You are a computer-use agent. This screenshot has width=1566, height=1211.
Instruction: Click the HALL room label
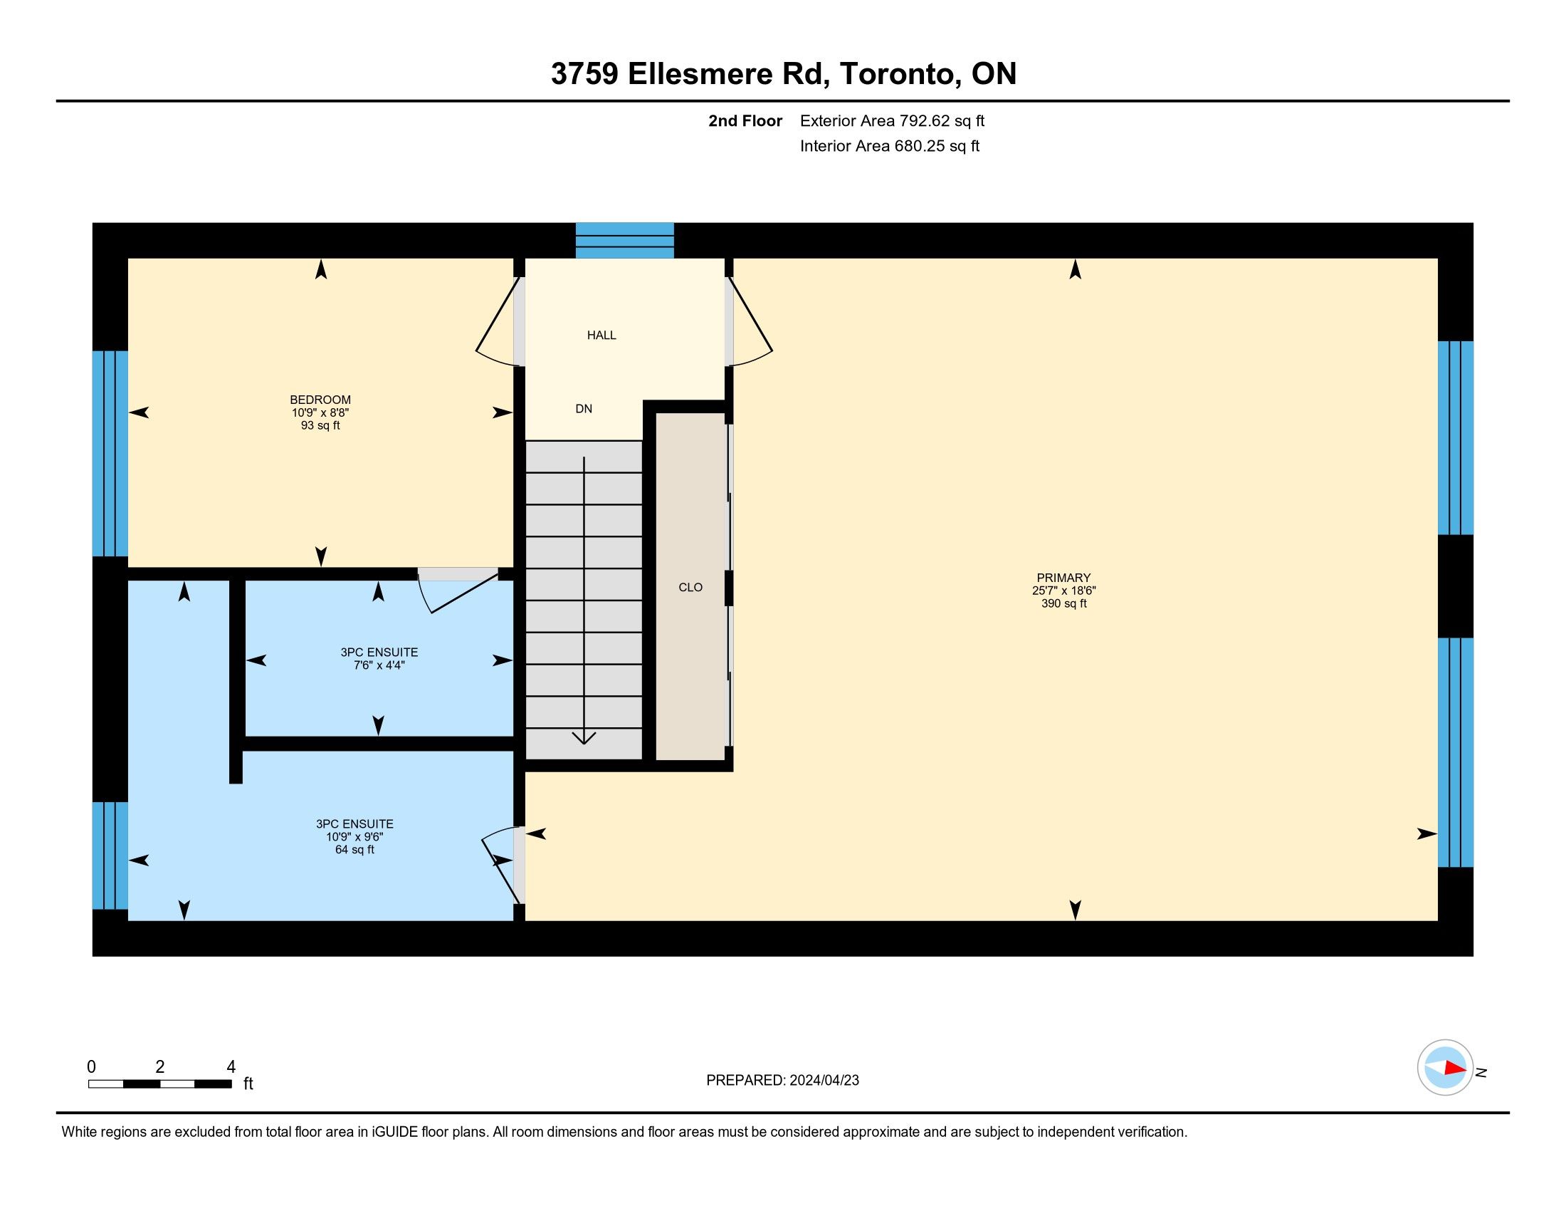coord(601,335)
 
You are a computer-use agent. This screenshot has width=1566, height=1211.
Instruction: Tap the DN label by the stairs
coord(584,409)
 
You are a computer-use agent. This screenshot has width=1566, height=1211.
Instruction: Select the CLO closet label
coord(690,588)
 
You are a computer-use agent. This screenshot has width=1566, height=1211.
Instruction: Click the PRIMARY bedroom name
coord(1063,578)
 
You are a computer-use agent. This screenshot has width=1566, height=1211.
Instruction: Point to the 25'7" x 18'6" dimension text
coord(1064,591)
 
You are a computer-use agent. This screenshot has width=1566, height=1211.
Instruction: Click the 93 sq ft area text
coord(320,425)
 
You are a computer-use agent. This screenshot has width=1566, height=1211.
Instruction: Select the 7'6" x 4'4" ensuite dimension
coord(379,665)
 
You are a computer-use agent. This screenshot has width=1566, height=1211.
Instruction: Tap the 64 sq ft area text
coord(355,849)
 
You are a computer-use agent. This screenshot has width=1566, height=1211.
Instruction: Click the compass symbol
coord(1445,1068)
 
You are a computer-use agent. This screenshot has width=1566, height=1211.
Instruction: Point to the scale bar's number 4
coord(231,1067)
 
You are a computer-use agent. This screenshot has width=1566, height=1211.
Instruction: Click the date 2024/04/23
coord(824,1081)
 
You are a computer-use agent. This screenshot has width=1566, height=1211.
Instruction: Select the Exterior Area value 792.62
coord(925,121)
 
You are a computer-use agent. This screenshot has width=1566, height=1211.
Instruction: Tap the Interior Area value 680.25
coord(919,146)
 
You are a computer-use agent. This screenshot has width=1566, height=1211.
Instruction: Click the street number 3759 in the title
coord(584,74)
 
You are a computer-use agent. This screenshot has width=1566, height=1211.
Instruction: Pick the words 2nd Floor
coord(745,121)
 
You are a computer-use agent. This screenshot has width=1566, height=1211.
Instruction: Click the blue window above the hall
coord(624,240)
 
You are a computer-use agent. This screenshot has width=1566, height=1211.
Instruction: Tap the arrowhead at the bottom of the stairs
coord(584,738)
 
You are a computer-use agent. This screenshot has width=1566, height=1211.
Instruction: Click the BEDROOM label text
coord(320,400)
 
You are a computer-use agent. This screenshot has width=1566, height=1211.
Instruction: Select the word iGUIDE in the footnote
coord(394,1132)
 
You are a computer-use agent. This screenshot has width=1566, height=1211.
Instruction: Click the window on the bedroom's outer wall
coord(110,453)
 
